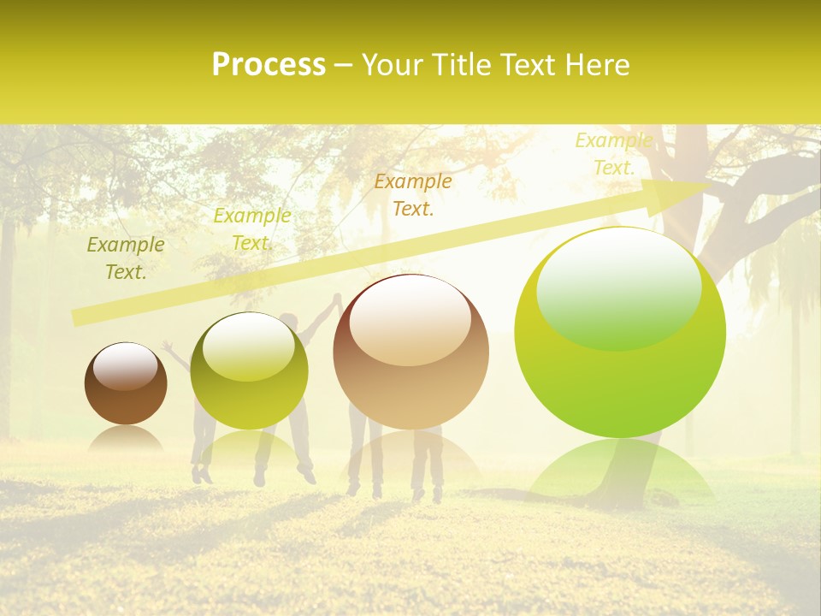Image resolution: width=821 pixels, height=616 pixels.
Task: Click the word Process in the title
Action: [269, 65]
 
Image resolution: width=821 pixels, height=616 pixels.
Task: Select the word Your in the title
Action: [391, 65]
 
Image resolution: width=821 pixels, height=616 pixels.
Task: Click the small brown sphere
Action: [126, 384]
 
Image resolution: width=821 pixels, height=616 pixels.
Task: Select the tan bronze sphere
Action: [410, 352]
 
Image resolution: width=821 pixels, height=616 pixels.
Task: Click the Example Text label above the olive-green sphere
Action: [251, 229]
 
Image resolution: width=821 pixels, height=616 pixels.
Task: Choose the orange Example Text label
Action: [413, 194]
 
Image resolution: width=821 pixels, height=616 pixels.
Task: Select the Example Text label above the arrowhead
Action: [613, 154]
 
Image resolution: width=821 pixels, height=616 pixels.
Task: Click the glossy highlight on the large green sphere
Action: [618, 291]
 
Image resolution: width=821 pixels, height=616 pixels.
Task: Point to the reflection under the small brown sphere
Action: [126, 439]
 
